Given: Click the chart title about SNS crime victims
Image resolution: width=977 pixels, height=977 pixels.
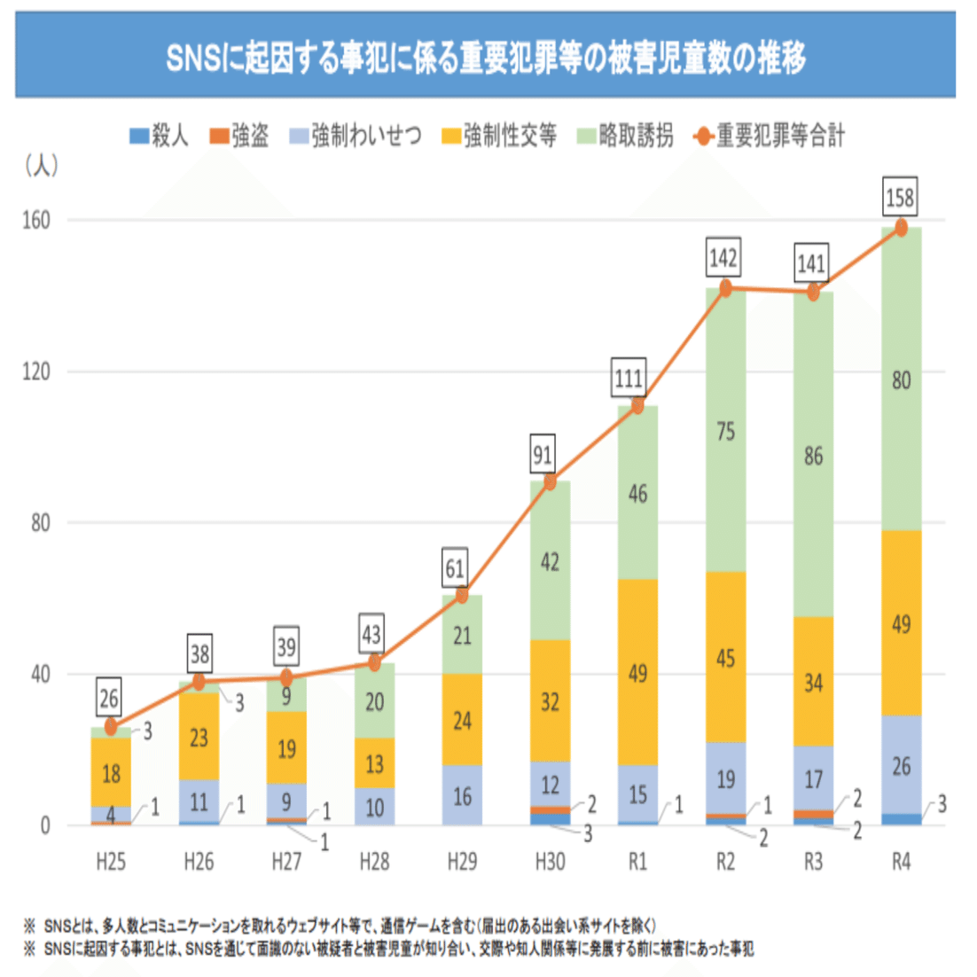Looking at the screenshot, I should click(486, 59).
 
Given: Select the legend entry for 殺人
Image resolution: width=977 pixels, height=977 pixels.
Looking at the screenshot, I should click(159, 136).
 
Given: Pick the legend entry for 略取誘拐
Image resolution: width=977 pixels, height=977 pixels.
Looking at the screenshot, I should click(624, 136).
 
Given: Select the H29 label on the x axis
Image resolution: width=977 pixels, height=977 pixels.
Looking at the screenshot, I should click(462, 862).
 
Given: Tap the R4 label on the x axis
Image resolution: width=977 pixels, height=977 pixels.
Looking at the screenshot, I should click(901, 862).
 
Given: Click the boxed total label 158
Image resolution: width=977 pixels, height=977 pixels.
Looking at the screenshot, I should click(900, 197).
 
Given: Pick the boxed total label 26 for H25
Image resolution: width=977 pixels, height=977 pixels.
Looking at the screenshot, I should click(109, 699).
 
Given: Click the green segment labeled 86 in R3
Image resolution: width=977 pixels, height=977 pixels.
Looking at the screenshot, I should click(813, 457).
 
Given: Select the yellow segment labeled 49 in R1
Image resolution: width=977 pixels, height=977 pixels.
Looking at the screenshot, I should click(637, 672).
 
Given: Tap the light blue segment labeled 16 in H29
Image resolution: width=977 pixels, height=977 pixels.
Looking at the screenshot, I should click(462, 795).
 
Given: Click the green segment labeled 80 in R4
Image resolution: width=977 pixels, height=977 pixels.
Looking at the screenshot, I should click(901, 379).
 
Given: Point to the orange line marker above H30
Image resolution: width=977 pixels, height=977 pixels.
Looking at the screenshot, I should click(550, 482).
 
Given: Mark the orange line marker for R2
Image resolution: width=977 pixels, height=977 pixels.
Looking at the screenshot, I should click(725, 288).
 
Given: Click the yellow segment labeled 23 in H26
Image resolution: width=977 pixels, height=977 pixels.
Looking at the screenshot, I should click(199, 736).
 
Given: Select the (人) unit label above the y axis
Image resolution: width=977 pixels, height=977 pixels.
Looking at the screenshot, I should click(42, 165).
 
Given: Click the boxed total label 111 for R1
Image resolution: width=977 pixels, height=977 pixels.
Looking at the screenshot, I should click(629, 379).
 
